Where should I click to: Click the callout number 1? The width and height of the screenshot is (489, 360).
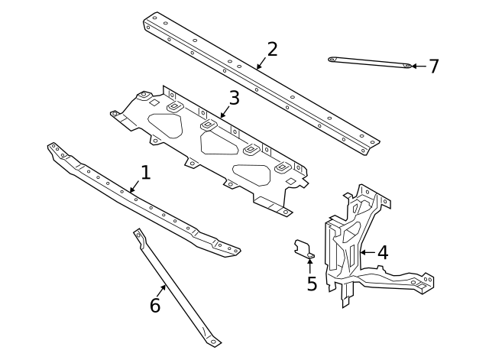coord(145,172)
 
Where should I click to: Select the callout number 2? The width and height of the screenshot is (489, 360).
coord(272,50)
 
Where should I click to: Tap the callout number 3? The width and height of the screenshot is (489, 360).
coord(234,98)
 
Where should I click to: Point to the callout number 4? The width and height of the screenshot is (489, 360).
coord(383,252)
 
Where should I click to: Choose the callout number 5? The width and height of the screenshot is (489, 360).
coord(312,284)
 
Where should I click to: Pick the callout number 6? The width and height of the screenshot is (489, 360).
coord(155,306)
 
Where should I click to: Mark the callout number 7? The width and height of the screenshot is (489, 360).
coord(434,66)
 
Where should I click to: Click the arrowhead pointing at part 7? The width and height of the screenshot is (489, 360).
coord(414,66)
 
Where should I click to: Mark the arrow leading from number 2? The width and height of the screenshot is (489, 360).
coord(261,63)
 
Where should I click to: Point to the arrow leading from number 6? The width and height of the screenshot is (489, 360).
coord(162,291)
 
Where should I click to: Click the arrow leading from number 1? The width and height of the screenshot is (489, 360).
coord(135,186)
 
